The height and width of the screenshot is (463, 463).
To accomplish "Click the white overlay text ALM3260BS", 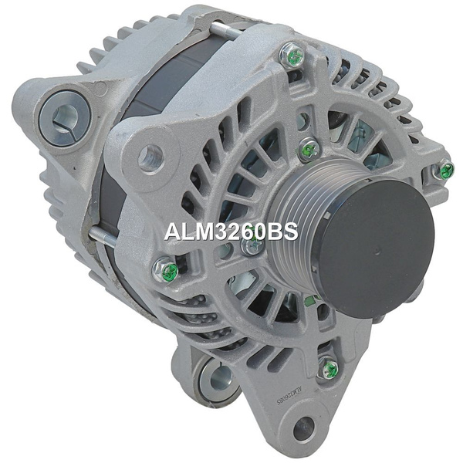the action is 231,231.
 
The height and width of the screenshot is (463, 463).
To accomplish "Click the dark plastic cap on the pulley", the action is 374,248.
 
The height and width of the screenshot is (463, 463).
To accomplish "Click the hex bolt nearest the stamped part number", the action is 329,367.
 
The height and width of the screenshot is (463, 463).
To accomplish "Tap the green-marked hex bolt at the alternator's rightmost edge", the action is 443,170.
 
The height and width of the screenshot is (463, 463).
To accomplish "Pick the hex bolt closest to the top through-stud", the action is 292,56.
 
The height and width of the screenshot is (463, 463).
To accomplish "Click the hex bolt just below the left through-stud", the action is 165,269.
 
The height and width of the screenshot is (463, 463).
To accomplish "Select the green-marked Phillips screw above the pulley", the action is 309,150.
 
